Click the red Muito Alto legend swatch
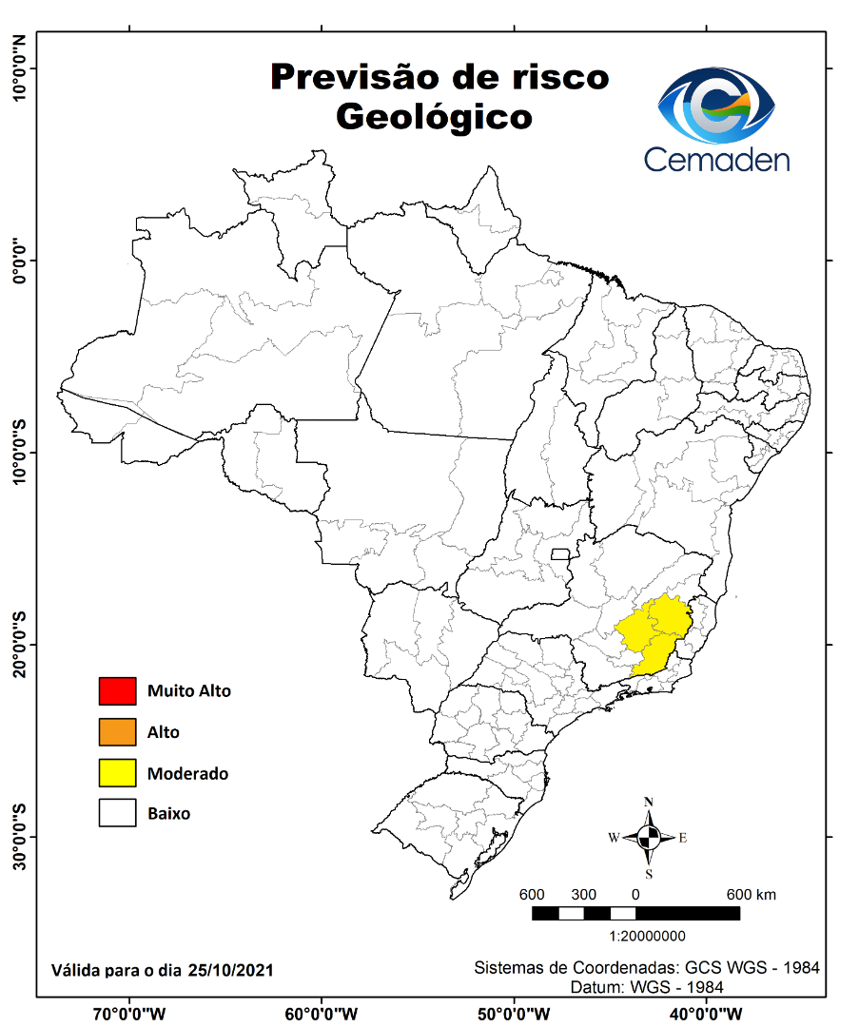116,691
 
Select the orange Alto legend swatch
116,732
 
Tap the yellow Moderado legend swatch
116,773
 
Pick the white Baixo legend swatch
116,814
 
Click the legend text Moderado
187,773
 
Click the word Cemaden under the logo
716,159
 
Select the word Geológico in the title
433,117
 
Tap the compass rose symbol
649,838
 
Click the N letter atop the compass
649,802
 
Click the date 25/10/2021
231,970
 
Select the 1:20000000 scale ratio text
634,936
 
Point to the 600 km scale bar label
752,895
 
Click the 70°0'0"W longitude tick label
128,1012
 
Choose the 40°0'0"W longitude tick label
705,1012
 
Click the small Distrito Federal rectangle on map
560,554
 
